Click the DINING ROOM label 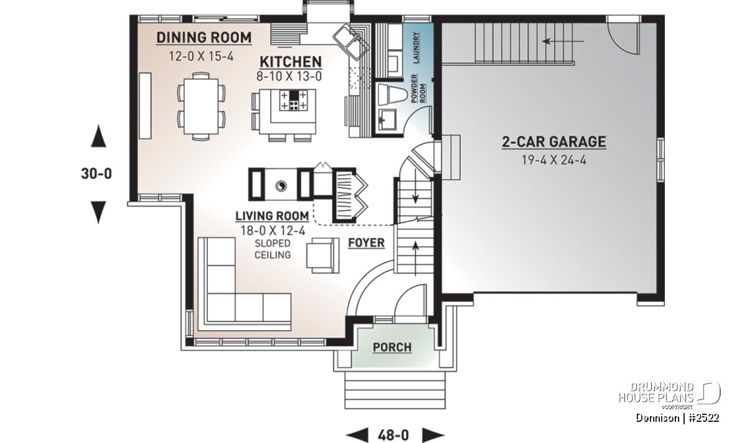click(204, 38)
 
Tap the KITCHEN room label click(291, 62)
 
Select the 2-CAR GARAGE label click(554, 142)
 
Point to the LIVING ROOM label click(272, 216)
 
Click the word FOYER click(366, 243)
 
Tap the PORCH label click(392, 348)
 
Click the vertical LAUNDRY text click(416, 47)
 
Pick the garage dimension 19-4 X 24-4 click(554, 160)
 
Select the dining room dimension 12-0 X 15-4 click(201, 56)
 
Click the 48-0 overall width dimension click(393, 436)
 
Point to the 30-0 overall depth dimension click(96, 174)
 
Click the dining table click(201, 106)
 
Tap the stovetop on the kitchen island click(293, 100)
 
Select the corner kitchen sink click(351, 41)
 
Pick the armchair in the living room click(323, 255)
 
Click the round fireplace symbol click(281, 186)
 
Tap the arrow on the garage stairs click(563, 41)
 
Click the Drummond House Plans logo click(669, 395)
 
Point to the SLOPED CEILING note click(273, 249)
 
